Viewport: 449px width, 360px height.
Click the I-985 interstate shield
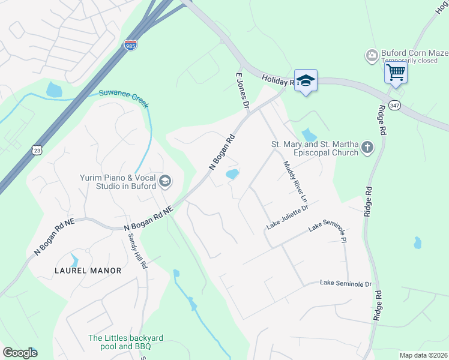(130, 45)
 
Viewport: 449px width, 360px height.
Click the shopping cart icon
(396, 73)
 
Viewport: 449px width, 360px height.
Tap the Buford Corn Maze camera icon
(372, 56)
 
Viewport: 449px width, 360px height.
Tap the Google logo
(20, 353)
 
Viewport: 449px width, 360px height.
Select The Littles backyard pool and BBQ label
(125, 342)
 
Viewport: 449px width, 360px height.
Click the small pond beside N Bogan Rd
(232, 175)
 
